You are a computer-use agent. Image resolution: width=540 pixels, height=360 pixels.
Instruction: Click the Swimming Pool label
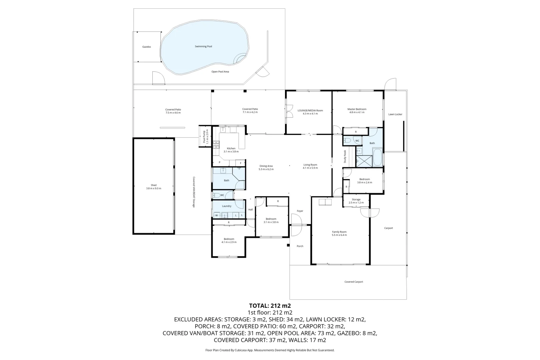[203, 46]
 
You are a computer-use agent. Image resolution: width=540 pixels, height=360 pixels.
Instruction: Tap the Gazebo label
[147, 47]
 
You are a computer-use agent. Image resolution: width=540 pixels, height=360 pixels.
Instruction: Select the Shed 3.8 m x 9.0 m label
[153, 187]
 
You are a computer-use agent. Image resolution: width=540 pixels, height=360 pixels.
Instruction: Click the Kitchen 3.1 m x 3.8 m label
[231, 150]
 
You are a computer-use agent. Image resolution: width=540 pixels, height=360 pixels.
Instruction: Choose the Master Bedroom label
[357, 111]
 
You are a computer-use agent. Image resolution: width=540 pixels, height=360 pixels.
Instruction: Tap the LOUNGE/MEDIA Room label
[310, 112]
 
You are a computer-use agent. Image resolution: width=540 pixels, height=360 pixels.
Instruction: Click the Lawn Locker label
[395, 114]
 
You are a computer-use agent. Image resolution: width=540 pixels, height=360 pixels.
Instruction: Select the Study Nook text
[345, 157]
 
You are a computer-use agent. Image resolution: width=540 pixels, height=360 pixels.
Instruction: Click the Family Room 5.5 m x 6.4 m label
[339, 233]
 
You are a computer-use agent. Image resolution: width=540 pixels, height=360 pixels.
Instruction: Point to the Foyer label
[300, 211]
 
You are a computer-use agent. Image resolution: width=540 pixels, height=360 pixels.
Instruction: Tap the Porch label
[300, 246]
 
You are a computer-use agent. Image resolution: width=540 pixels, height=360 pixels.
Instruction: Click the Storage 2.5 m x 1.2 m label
[356, 201]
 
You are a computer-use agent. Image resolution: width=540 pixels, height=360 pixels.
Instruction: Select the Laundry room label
[227, 206]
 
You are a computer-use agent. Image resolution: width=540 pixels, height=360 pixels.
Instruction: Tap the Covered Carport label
[354, 282]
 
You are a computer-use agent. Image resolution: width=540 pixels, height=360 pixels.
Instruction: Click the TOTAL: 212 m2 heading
[270, 305]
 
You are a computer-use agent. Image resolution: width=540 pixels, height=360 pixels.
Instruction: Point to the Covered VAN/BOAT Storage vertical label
[194, 192]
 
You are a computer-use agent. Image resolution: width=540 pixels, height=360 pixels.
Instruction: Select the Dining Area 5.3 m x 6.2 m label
[266, 167]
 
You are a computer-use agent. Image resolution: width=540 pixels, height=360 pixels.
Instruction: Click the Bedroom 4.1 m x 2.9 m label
[229, 240]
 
